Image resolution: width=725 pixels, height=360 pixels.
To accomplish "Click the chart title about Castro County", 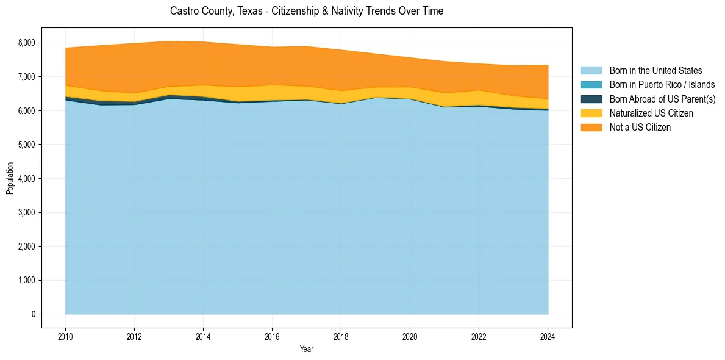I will [x=307, y=11].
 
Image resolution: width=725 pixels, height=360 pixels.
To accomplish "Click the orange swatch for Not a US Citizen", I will [x=591, y=127].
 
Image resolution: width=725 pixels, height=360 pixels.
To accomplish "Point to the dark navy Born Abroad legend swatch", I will [x=591, y=99].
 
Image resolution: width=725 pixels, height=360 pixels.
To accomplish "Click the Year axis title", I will [x=307, y=349].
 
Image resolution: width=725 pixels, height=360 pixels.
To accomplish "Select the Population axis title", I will [x=10, y=178].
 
